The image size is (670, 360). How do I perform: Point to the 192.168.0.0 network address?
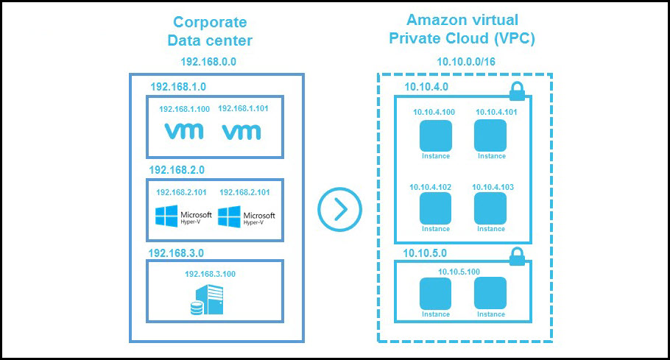(208, 63)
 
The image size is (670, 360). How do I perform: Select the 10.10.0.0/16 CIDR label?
(465, 63)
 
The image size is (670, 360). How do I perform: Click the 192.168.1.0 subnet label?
(177, 86)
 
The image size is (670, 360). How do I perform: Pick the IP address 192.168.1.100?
(184, 109)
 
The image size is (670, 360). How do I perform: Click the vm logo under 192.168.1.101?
(241, 132)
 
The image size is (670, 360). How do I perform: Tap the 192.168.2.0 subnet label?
(177, 169)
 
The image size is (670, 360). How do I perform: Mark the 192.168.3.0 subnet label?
(176, 253)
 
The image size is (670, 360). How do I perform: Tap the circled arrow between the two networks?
(340, 210)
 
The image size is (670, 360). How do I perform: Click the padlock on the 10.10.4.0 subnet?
(518, 91)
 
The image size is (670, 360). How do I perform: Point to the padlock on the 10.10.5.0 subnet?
(518, 256)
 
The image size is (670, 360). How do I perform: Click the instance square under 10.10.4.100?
(435, 135)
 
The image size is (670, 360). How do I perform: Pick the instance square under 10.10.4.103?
(490, 208)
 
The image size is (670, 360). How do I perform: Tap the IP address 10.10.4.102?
(431, 187)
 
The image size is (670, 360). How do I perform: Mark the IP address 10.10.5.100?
(459, 272)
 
